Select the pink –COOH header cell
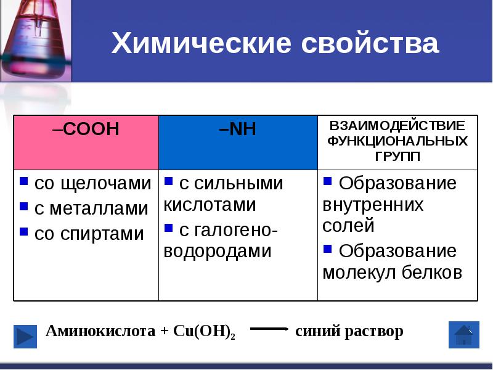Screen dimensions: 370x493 tap(86, 142)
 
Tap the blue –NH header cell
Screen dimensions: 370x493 tap(238, 142)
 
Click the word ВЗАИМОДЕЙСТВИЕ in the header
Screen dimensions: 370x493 tap(397, 126)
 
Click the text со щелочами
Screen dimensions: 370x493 tap(92, 183)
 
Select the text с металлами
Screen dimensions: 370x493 tap(91, 208)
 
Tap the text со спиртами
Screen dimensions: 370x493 tap(89, 234)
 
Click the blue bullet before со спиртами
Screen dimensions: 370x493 tap(23, 232)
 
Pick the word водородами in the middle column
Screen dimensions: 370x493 tap(218, 251)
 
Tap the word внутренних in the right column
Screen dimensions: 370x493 tap(373, 205)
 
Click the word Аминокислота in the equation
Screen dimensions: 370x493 tap(101, 331)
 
